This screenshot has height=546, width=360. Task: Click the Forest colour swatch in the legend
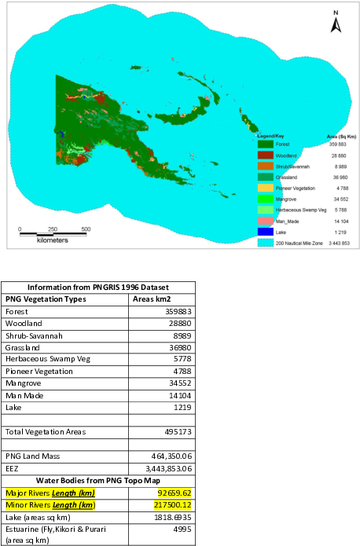click(x=266, y=144)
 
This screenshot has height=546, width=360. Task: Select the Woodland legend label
click(x=288, y=156)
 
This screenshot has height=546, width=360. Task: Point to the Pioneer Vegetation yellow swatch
click(x=266, y=189)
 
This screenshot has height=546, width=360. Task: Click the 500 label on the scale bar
click(x=85, y=229)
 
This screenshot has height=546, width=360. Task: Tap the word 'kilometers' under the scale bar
click(x=53, y=240)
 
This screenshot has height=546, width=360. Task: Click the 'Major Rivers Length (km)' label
click(x=50, y=493)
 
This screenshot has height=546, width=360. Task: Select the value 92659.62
click(x=174, y=493)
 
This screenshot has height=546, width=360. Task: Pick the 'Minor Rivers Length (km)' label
click(x=50, y=504)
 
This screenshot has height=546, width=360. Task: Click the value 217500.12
click(x=173, y=504)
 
